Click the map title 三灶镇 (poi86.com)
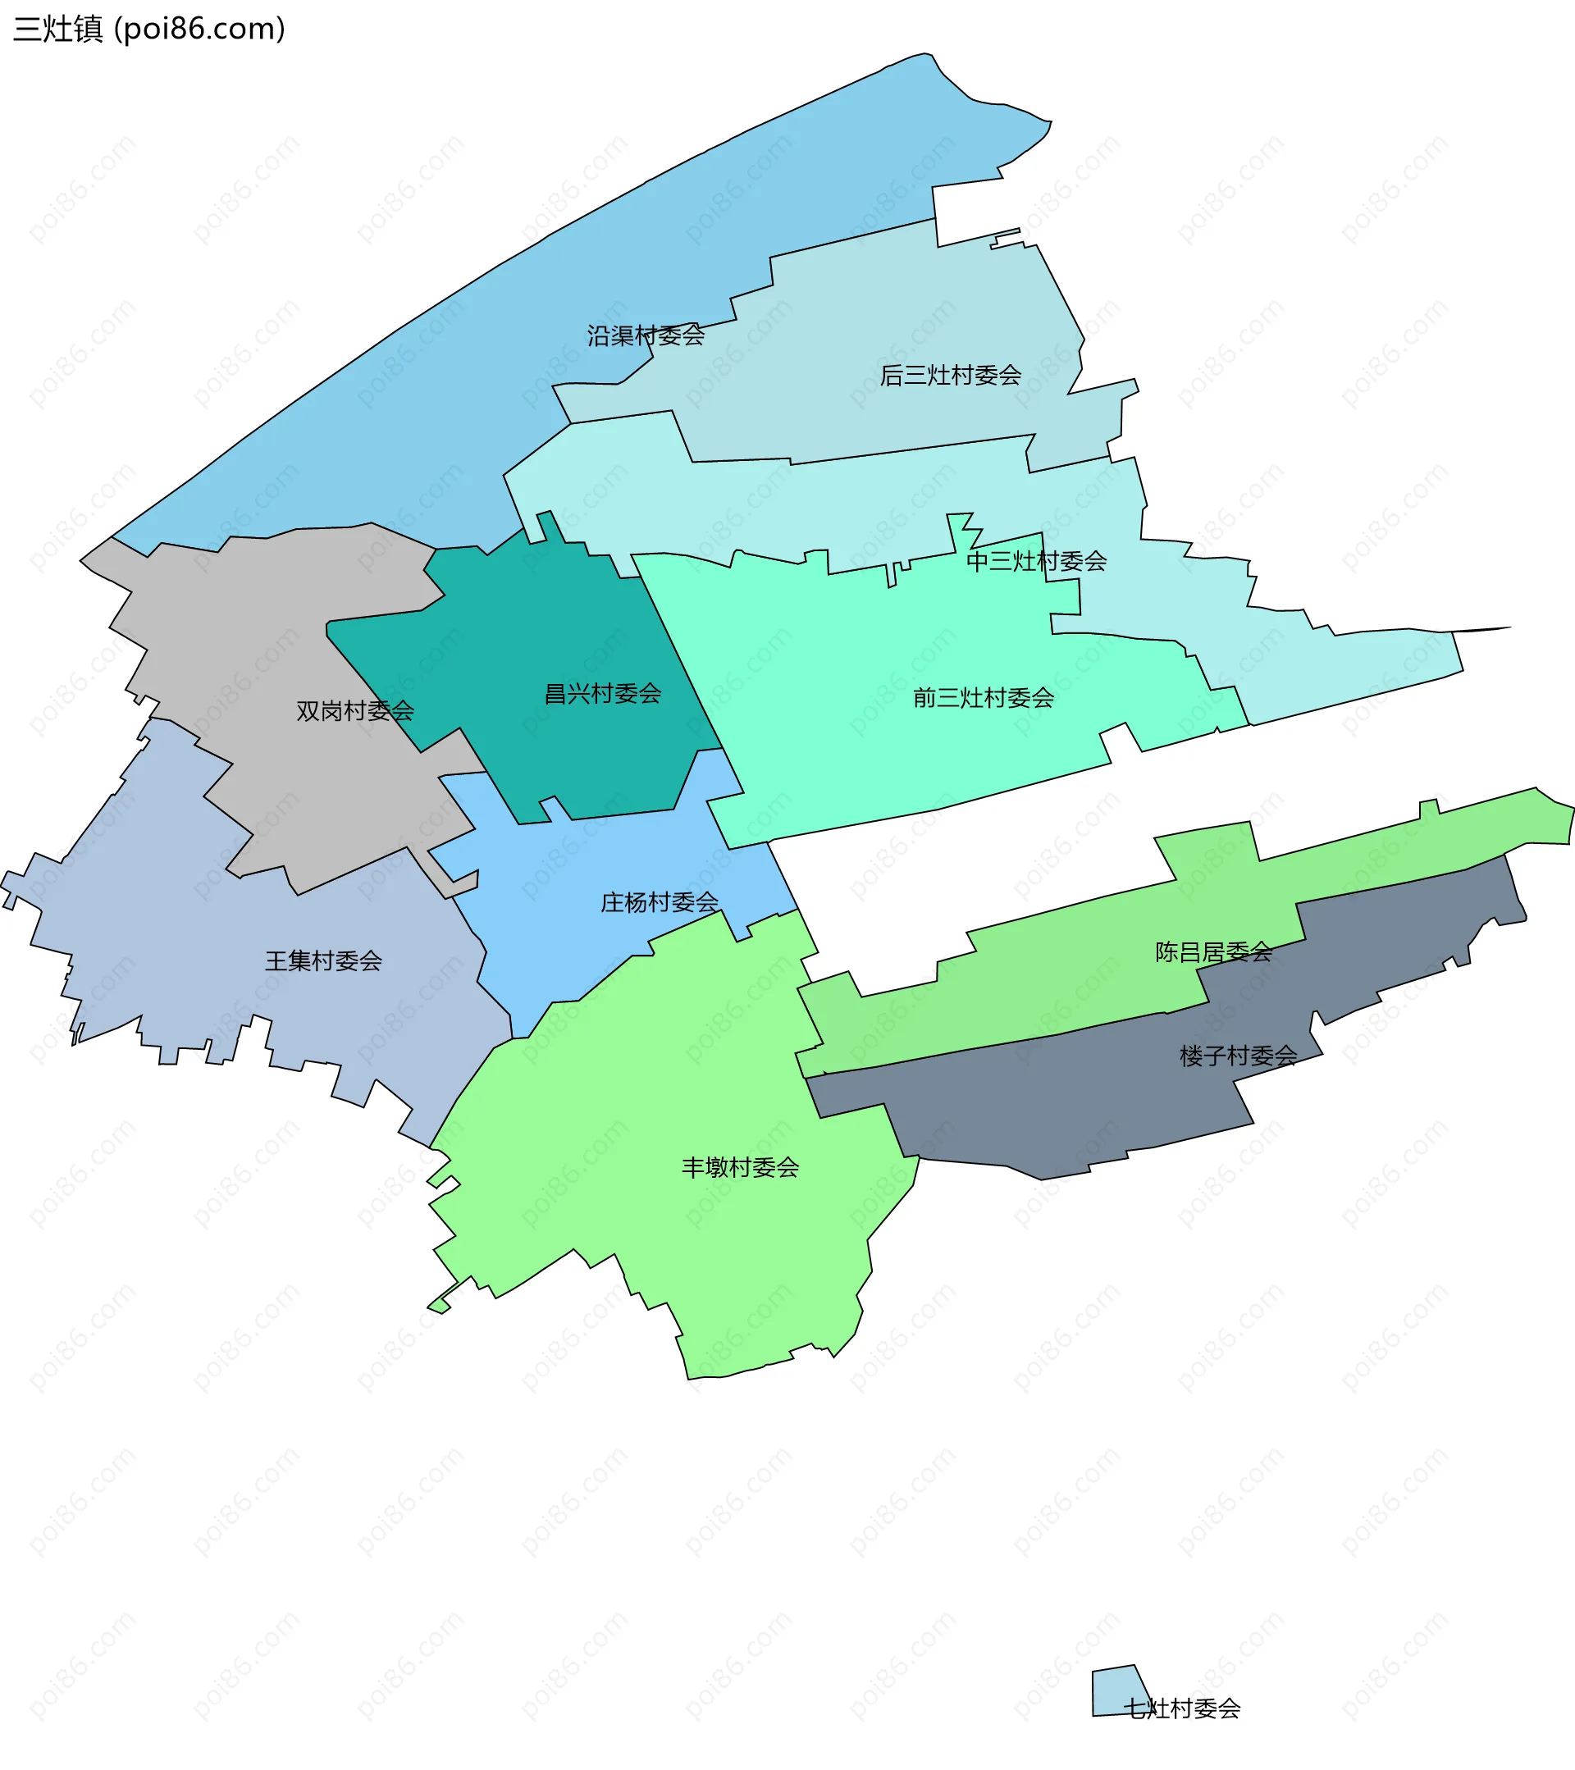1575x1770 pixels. pos(149,30)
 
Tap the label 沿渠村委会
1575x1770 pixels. pos(645,335)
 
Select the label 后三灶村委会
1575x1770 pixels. pos(950,375)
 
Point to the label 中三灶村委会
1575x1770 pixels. pos(1035,561)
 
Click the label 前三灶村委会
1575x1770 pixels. pos(983,698)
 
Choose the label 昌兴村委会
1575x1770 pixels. pos(602,694)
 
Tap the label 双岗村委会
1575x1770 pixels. pos(354,711)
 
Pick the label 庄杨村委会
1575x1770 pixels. pos(659,902)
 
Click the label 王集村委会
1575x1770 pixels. pos(323,961)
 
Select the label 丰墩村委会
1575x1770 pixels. pos(739,1167)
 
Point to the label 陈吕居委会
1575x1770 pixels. pos(1213,952)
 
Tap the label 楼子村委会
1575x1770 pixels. pos(1237,1056)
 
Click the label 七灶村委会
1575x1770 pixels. pos(1181,1708)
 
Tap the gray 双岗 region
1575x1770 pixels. pos(260,623)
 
